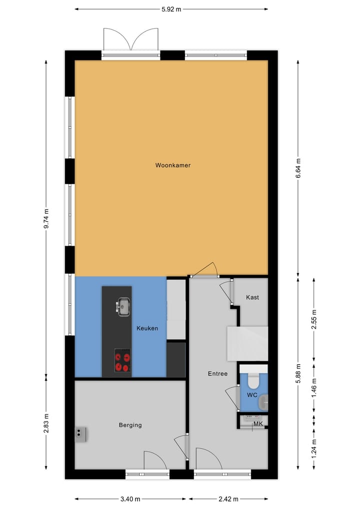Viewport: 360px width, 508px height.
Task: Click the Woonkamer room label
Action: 172,165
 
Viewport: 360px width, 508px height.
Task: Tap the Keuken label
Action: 147,328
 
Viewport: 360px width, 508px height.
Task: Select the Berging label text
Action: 130,425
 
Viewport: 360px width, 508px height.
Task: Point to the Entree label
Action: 217,374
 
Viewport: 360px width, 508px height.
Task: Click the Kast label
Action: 252,297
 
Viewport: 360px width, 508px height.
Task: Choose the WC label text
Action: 252,395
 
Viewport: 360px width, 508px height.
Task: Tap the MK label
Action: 258,424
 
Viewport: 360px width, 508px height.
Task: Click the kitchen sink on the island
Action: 123,306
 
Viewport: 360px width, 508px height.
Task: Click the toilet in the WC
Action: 253,381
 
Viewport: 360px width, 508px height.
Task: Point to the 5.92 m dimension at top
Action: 171,8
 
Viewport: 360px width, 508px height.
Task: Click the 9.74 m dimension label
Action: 46,218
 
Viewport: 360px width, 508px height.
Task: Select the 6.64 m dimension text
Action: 298,168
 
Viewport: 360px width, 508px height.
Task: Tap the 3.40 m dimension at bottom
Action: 130,499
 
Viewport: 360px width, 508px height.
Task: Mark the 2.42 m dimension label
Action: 228,499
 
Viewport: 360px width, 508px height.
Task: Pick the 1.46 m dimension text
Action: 314,388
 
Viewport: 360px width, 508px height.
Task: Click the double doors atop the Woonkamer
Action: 130,40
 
